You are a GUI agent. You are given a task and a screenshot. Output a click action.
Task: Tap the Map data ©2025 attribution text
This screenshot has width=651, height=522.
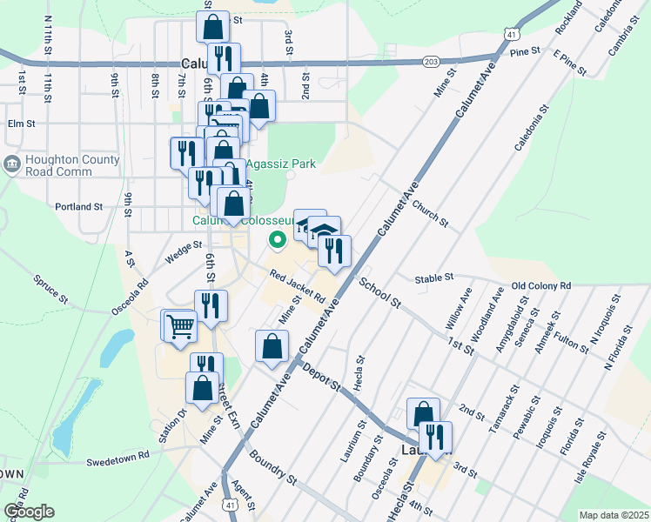[x=614, y=515]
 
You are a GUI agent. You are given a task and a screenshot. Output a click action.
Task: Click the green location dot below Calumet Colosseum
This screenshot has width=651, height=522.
[x=278, y=239]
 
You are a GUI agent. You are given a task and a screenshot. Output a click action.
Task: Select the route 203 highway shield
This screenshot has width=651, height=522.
[x=430, y=61]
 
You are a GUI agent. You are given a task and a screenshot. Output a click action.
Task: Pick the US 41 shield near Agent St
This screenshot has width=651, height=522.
[x=228, y=504]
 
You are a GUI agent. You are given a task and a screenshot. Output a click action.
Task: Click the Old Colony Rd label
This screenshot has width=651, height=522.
[x=540, y=285]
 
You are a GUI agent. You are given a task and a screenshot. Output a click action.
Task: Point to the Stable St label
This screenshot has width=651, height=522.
[x=434, y=278]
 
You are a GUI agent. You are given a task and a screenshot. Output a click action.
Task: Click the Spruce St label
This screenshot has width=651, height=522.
[x=50, y=289]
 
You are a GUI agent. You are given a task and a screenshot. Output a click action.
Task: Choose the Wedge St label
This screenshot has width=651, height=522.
[x=184, y=251]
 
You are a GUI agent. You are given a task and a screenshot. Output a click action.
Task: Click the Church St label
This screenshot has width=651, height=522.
[x=430, y=213]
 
